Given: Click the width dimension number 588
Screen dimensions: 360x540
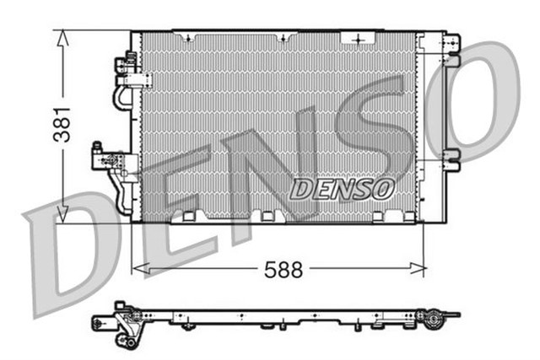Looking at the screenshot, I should click(282, 271).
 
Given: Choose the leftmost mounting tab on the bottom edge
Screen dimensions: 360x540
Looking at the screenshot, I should click(181, 218).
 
